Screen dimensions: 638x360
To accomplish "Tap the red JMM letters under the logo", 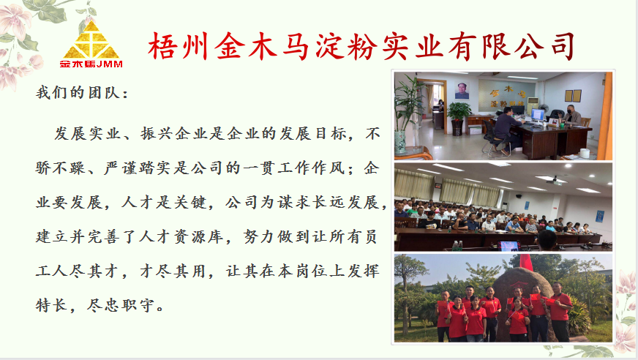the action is tap(110, 64).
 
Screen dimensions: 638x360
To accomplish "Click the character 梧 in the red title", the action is tap(162, 46).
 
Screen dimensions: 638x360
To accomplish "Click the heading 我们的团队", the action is tap(78, 93).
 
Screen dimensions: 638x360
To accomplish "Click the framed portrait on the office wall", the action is tap(462, 91).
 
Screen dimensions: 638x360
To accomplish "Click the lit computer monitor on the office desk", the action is tap(538, 115).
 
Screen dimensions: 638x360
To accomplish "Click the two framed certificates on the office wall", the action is tap(572, 96).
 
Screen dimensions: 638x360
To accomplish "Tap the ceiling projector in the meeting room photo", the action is tap(554, 181).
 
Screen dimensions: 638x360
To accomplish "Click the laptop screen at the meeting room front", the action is tap(508, 246).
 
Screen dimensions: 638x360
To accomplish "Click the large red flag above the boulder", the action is tap(526, 263).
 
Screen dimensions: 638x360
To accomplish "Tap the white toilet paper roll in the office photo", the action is tap(585, 154).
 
